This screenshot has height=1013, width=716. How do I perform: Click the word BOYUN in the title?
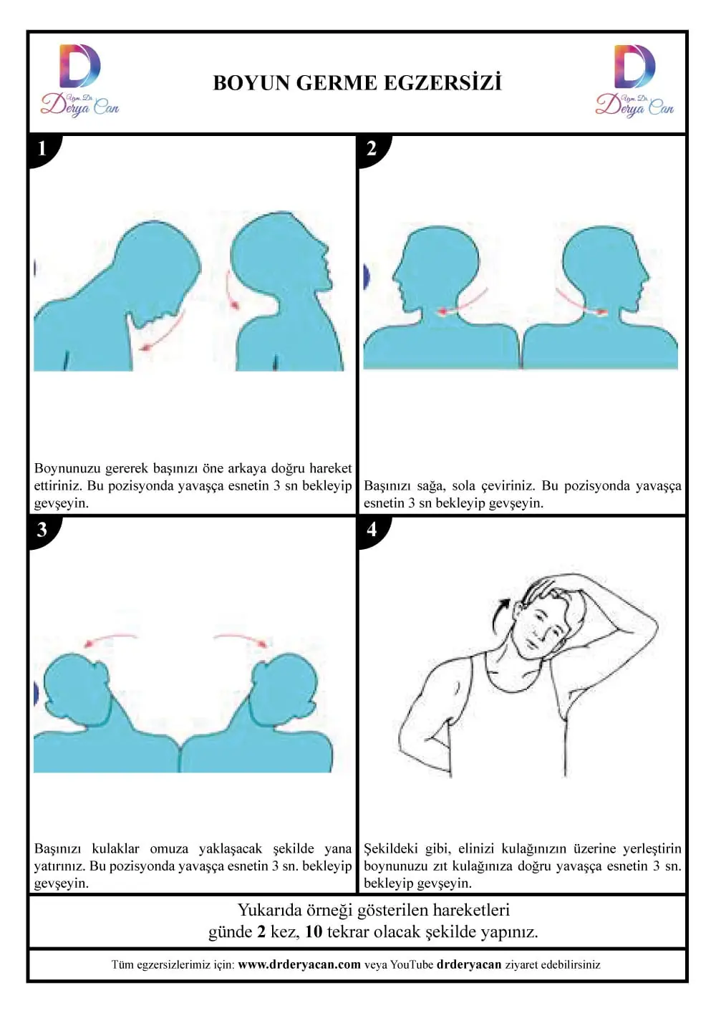click(251, 83)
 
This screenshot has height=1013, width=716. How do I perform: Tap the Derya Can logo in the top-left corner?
click(79, 80)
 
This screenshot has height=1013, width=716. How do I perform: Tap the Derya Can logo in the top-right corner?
click(634, 80)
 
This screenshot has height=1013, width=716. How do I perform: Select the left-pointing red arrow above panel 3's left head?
click(110, 639)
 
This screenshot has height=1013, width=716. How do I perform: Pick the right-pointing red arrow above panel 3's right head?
click(243, 639)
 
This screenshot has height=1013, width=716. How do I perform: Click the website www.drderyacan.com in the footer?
click(299, 964)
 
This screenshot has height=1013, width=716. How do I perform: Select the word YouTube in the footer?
click(412, 964)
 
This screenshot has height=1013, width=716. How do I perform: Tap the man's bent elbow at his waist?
click(402, 750)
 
